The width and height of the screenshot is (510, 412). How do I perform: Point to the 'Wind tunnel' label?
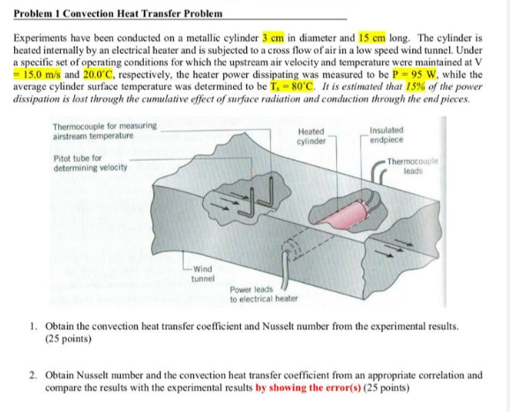pos(202,273)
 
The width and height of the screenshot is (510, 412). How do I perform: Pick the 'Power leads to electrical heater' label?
pos(263,294)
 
